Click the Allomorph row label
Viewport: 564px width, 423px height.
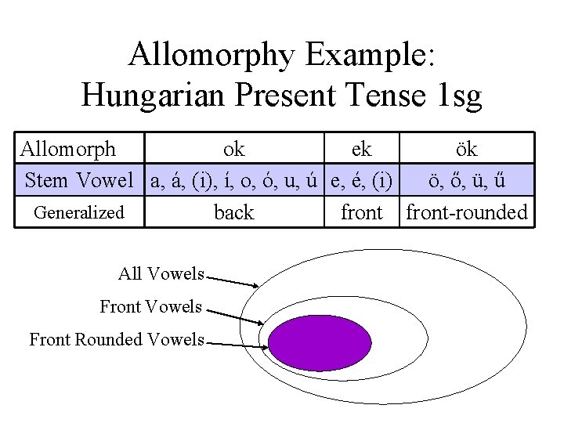(68, 148)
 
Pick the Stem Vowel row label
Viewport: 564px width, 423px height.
(79, 180)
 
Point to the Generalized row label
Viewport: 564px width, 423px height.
(79, 212)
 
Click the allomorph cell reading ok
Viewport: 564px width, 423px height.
(234, 148)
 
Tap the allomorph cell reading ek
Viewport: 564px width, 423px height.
(361, 148)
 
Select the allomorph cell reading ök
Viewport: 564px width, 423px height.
(467, 148)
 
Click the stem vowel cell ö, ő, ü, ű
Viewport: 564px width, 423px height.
(467, 180)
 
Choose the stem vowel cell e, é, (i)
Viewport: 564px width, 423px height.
(361, 180)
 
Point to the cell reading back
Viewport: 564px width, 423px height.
(234, 212)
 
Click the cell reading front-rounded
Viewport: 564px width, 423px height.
(467, 212)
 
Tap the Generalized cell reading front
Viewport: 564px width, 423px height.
(361, 212)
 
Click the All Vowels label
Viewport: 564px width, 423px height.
(161, 273)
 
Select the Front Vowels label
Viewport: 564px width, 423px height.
(150, 306)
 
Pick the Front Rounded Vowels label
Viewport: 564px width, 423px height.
(117, 339)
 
